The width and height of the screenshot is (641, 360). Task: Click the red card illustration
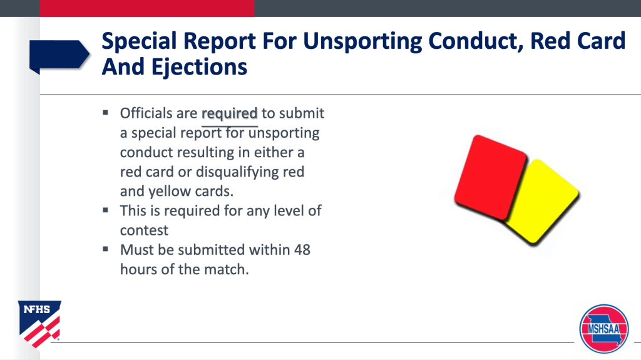[490, 177]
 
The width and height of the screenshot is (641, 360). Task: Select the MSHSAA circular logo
[604, 329]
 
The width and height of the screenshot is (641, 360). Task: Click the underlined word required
[229, 113]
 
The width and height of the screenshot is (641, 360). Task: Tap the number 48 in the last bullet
[302, 250]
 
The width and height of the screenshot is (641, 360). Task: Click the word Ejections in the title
[199, 67]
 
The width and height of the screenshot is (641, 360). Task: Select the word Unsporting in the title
[362, 41]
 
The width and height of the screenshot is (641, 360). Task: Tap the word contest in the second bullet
[144, 230]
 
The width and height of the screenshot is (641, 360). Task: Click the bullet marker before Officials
[105, 113]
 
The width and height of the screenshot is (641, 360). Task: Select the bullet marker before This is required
[105, 210]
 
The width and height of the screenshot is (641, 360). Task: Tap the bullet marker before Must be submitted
[105, 249]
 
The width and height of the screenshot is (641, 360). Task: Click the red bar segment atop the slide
[147, 8]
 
